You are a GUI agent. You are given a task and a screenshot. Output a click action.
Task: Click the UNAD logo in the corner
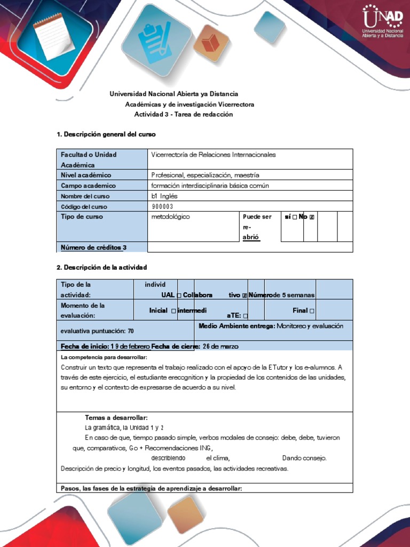click(382, 22)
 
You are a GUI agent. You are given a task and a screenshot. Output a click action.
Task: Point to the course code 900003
click(163, 207)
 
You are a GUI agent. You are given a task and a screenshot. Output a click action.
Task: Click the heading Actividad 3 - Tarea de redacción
click(183, 114)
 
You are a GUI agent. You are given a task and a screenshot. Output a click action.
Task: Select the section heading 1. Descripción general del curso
click(106, 134)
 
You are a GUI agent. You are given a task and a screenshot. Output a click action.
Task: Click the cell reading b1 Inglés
click(164, 196)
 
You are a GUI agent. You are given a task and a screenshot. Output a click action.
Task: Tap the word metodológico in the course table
click(171, 217)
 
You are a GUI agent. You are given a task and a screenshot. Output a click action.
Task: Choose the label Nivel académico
click(86, 175)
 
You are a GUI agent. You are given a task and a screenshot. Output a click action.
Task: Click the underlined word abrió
click(251, 237)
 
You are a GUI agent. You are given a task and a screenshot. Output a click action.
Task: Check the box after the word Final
click(311, 311)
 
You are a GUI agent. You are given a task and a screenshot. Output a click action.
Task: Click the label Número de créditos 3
click(94, 247)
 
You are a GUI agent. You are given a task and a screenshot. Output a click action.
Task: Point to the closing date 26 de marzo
click(217, 346)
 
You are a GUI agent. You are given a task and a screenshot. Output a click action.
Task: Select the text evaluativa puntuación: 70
click(97, 331)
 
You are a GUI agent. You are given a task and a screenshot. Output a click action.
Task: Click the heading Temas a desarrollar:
click(116, 417)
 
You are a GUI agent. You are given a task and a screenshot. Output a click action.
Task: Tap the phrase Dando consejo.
click(304, 458)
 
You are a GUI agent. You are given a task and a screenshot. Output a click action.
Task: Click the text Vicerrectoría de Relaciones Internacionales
click(214, 154)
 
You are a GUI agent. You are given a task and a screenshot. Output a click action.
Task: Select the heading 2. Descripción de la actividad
click(102, 267)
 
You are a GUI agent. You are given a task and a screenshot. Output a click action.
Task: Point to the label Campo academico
click(88, 186)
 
